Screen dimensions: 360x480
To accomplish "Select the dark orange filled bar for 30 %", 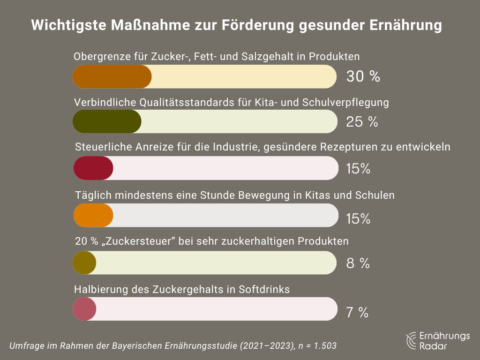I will [x=112, y=76].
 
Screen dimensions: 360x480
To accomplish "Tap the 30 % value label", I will [x=363, y=77].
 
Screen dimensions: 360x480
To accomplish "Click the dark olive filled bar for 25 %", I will [x=107, y=122].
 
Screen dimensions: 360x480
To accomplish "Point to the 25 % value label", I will [x=362, y=122].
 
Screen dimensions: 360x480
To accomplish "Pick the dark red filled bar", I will [x=93, y=168].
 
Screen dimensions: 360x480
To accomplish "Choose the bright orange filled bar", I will [x=93, y=216].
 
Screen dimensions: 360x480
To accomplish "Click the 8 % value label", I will [x=358, y=263].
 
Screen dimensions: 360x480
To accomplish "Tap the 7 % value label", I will [x=357, y=313].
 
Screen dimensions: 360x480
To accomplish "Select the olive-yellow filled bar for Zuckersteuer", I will [x=84, y=262].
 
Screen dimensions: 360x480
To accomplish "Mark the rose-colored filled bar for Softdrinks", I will [x=84, y=309].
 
